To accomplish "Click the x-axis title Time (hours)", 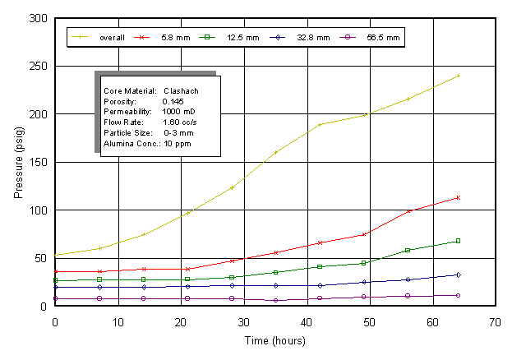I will tap(275, 339).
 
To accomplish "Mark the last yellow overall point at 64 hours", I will tap(458, 76).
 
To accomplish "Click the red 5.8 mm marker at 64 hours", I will tap(458, 197).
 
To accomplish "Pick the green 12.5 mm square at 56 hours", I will tap(408, 250).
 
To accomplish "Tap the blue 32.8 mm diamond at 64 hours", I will tap(458, 275).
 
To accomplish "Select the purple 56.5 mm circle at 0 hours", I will tap(55, 298).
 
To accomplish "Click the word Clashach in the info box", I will tap(180, 90).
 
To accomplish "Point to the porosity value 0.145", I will tap(174, 101).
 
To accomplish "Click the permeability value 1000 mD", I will tap(179, 112).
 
